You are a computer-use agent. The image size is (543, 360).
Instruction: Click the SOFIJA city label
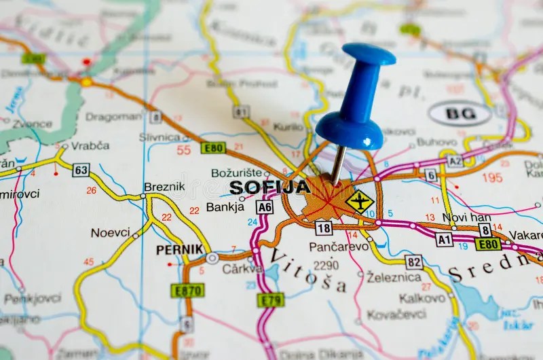point(269,187)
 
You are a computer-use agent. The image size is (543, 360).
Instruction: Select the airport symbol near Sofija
point(359,201)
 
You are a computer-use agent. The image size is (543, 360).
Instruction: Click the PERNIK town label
point(180,249)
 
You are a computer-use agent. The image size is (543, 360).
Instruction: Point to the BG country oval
point(460,113)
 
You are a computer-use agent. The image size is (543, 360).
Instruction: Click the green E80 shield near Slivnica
point(213,147)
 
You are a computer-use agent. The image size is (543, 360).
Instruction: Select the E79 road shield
point(271,300)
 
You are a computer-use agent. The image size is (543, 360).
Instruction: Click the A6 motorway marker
point(264,206)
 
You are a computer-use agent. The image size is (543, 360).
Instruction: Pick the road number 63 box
point(81,170)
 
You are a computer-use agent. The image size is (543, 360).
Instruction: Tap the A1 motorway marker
point(444,240)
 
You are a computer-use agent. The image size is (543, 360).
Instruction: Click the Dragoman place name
point(113,117)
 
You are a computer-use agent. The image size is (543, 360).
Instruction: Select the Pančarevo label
point(339,247)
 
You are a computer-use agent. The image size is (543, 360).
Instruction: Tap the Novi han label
point(466,217)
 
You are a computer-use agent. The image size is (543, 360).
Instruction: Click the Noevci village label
point(111,232)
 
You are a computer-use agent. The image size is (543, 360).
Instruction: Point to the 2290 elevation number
point(326,264)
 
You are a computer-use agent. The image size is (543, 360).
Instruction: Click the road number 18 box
point(324,228)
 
